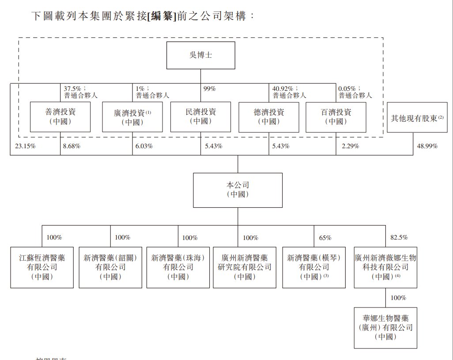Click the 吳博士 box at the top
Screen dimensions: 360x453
[201, 56]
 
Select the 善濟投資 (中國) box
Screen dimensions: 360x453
[60, 117]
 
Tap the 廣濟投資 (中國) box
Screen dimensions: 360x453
[132, 117]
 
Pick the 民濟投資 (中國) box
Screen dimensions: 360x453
[201, 117]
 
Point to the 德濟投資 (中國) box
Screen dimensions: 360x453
[269, 117]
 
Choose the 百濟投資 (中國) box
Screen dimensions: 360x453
[336, 117]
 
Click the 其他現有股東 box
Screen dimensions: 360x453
[417, 118]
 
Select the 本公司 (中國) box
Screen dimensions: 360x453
[238, 190]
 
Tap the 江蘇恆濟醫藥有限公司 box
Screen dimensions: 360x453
[42, 267]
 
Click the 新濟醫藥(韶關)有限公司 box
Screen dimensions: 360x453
[110, 267]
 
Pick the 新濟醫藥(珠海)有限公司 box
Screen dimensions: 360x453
[178, 267]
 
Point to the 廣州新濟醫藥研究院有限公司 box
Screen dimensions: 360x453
[245, 267]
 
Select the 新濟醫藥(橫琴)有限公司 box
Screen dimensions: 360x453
[314, 267]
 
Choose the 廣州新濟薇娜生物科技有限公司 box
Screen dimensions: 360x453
[385, 267]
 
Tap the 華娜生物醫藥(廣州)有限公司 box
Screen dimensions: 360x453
[385, 328]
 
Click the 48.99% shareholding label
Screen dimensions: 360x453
[427, 146]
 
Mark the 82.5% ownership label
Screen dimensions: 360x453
[399, 237]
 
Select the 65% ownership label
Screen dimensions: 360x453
[325, 238]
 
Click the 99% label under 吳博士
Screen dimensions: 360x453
[209, 89]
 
